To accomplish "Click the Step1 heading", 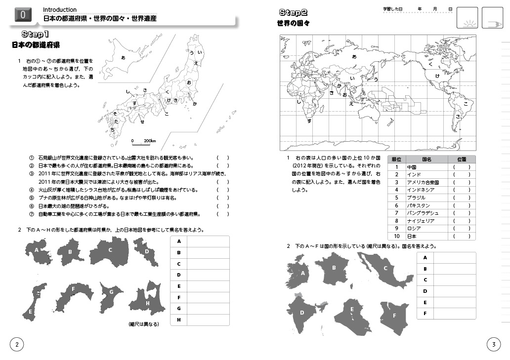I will tap(36, 34).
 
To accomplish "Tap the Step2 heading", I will tap(294, 12).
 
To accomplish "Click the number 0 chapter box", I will tap(22, 15).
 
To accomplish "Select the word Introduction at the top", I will tap(60, 9).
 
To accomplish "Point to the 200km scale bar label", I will tap(150, 141).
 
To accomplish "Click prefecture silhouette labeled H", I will tap(147, 301).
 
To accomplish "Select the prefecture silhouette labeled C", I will tap(110, 252).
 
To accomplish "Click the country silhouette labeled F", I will tap(394, 315).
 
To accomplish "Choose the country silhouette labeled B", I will tap(335, 269).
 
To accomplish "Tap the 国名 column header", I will tap(426, 160).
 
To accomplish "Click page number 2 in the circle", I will tap(17, 344).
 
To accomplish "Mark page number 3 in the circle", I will tap(493, 344).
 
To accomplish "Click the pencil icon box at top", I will tap(492, 18).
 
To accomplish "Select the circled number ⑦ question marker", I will tap(32, 214).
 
